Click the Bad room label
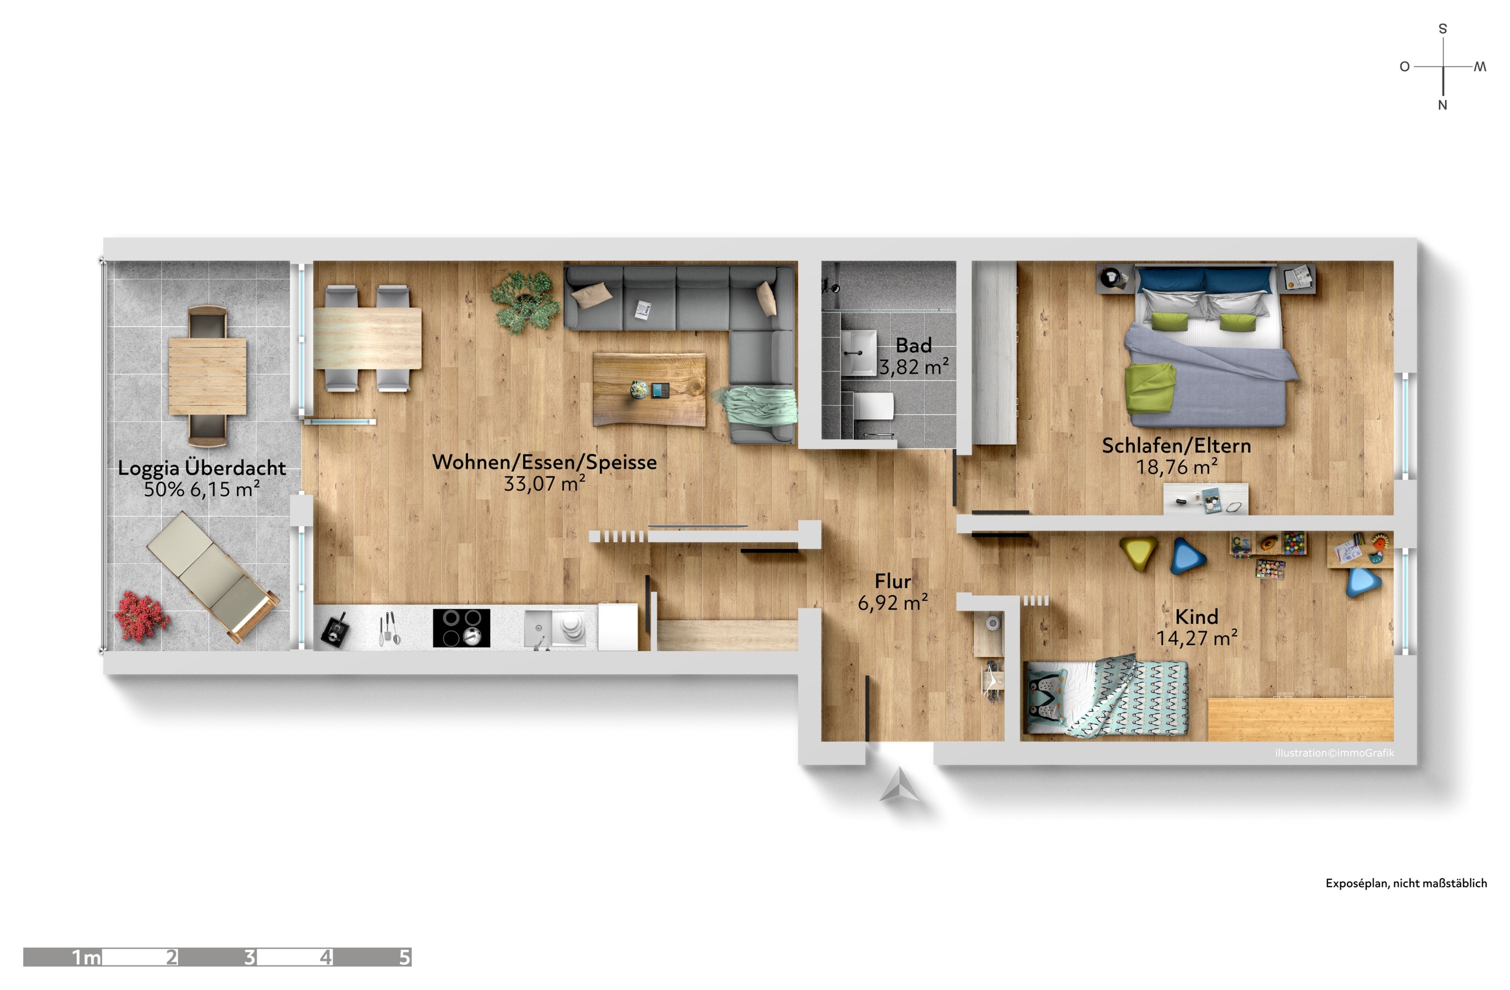[914, 346]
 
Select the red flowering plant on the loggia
[142, 617]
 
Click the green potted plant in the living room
[525, 302]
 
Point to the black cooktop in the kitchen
[462, 628]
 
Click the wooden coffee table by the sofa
[649, 389]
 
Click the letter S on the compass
[1442, 29]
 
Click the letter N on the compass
[1442, 105]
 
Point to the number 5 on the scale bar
[404, 957]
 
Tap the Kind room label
[1196, 616]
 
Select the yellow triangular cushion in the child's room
[1139, 554]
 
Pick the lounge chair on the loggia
[213, 576]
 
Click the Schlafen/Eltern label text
[1176, 446]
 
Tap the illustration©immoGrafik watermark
[1334, 753]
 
